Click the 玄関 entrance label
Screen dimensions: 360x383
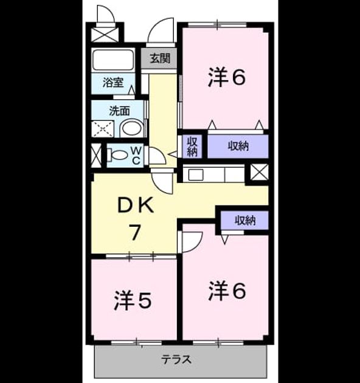(160, 58)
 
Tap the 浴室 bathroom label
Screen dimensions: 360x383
(113, 83)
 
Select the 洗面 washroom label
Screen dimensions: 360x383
(119, 111)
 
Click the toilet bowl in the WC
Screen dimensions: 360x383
(117, 154)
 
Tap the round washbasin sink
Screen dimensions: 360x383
(132, 128)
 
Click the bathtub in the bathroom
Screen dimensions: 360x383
(113, 60)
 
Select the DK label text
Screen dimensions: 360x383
(136, 205)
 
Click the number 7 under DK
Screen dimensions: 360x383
(135, 232)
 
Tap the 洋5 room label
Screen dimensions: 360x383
(133, 300)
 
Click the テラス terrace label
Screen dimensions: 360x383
(176, 359)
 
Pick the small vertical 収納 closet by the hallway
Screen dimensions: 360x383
(192, 147)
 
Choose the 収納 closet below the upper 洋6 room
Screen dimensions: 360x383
(238, 146)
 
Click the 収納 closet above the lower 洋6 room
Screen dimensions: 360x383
(244, 220)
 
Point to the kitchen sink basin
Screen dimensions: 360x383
(196, 175)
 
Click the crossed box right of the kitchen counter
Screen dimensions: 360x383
(259, 172)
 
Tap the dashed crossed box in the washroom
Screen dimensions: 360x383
(102, 129)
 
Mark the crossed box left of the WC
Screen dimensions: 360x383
(96, 156)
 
